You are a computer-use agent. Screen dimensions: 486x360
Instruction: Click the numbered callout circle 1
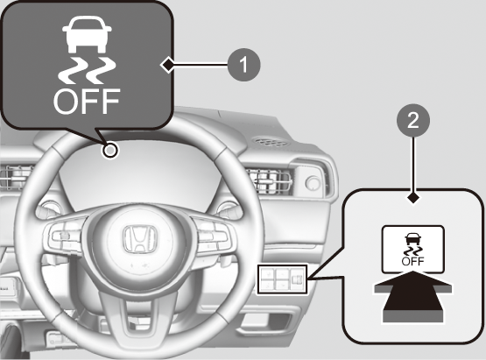coord(244,65)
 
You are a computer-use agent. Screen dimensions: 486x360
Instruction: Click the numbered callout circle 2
coord(413,120)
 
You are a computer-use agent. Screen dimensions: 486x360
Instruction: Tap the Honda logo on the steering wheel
coord(139,239)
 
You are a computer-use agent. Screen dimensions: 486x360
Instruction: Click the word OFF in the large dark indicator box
coord(87,101)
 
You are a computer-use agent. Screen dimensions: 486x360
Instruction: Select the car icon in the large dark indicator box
coord(87,34)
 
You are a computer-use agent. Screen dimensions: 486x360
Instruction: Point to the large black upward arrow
coord(413,296)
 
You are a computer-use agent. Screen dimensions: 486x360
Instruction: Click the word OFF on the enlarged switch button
coord(412,261)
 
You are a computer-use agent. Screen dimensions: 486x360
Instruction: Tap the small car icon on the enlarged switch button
coord(412,239)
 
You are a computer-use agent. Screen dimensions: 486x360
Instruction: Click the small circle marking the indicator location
coord(110,151)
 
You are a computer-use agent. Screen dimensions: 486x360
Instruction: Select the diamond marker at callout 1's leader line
coord(168,65)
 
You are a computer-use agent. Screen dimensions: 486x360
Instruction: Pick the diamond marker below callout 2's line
coord(413,198)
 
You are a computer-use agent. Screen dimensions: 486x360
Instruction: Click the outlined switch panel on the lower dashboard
coord(282,279)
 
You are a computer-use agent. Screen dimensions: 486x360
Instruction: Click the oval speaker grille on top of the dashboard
coord(270,142)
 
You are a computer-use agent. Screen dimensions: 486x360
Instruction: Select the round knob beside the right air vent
coord(313,182)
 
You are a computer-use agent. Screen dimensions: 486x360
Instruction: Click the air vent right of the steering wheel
coord(271,181)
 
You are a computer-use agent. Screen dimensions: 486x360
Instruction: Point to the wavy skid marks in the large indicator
coord(87,71)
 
